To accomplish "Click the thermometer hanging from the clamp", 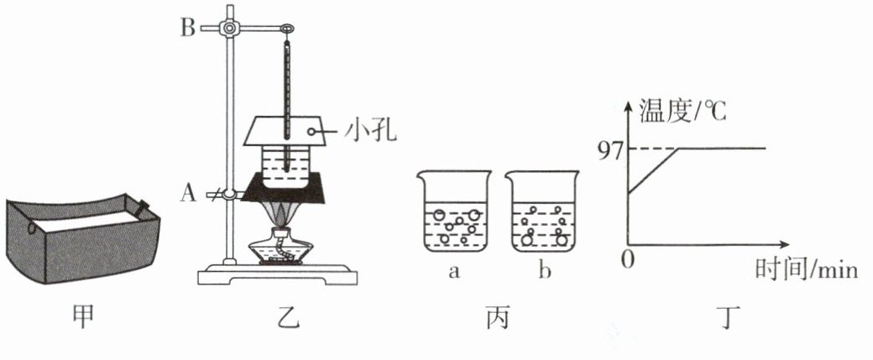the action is [x=287, y=101].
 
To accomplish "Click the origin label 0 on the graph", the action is [x=625, y=259].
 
